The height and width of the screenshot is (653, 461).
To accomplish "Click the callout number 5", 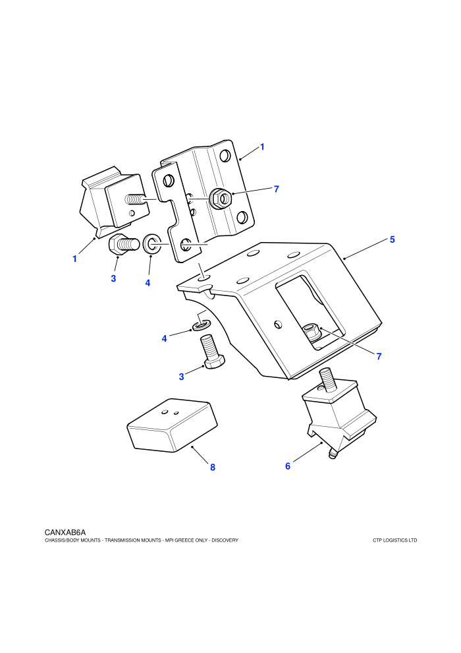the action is pyautogui.click(x=392, y=239).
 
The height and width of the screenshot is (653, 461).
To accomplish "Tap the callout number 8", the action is pyautogui.click(x=213, y=467).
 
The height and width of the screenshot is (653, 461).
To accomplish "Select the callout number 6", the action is pyautogui.click(x=288, y=466).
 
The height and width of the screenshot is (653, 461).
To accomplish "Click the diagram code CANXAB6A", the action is pyautogui.click(x=65, y=532).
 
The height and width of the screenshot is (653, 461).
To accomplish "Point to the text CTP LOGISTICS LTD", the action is pyautogui.click(x=395, y=540).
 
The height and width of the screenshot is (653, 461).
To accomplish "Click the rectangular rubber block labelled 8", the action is pyautogui.click(x=173, y=425).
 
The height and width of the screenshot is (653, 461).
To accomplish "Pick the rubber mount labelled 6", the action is pyautogui.click(x=339, y=416).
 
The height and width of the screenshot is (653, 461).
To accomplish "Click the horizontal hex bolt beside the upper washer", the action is pyautogui.click(x=123, y=243).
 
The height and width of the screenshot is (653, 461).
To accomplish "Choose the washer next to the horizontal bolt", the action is pyautogui.click(x=152, y=243).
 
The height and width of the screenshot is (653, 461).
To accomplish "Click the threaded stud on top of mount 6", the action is pyautogui.click(x=327, y=379).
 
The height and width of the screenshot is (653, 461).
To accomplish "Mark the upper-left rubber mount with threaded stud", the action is pyautogui.click(x=115, y=201).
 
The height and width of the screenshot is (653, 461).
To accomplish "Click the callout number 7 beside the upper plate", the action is pyautogui.click(x=276, y=189).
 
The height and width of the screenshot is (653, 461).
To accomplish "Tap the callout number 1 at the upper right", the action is pyautogui.click(x=262, y=146).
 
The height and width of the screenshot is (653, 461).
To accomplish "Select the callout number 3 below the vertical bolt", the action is pyautogui.click(x=181, y=377).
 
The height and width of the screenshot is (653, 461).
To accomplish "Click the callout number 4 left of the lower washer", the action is pyautogui.click(x=164, y=338).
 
